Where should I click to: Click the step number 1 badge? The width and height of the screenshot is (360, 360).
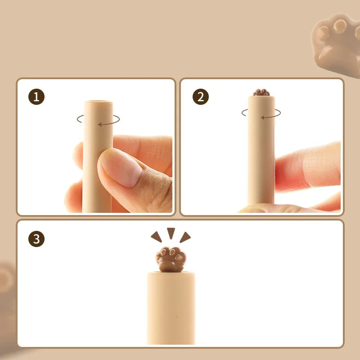click(36, 97)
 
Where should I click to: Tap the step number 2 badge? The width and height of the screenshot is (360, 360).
click(201, 97)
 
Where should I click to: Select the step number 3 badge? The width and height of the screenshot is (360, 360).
click(36, 239)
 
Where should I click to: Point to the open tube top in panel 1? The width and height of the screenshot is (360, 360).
click(99, 101)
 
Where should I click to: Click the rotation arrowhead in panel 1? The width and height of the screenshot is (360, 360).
click(100, 125)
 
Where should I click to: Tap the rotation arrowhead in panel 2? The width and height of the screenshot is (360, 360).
click(263, 118)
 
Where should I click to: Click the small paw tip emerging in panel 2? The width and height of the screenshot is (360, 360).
click(261, 92)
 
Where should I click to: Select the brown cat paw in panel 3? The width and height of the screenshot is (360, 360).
click(171, 260)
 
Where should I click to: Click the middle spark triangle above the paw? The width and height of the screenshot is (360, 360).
click(171, 232)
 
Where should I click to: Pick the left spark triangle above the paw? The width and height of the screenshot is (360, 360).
click(157, 237)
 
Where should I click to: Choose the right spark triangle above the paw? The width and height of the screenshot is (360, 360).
click(185, 238)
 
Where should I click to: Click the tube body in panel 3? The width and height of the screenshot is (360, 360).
click(171, 308)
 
